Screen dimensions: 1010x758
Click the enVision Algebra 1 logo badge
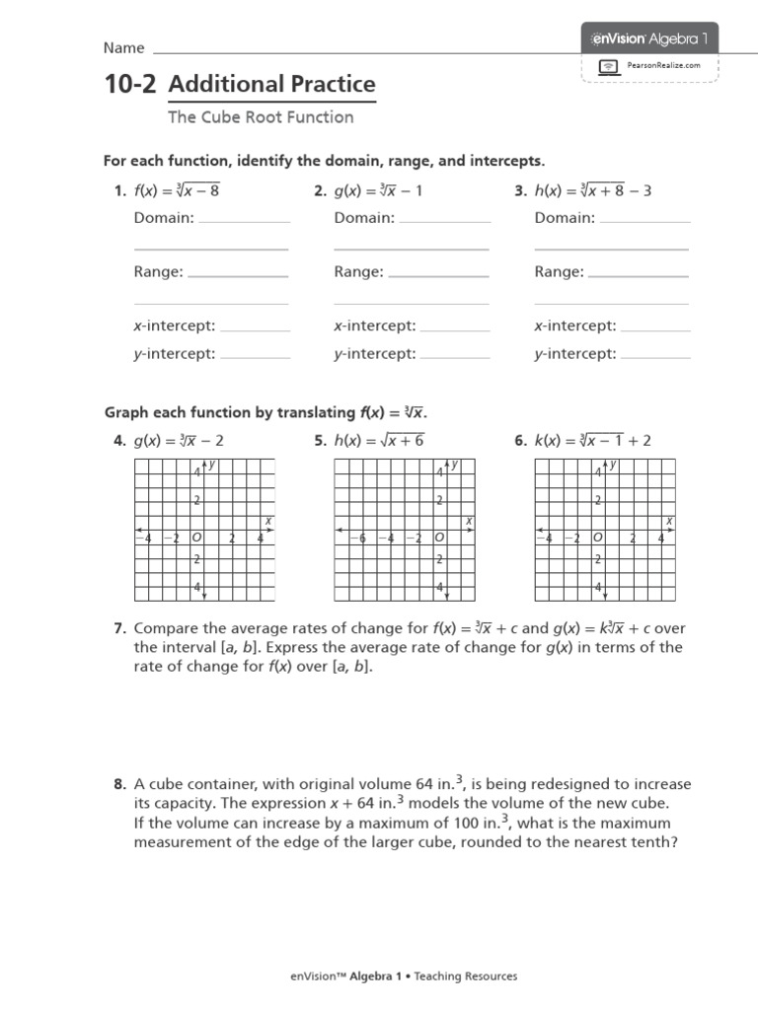click(x=648, y=38)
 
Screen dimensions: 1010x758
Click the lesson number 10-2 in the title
click(x=130, y=85)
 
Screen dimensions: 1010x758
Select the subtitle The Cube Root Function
click(x=261, y=117)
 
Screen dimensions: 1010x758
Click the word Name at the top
click(x=124, y=48)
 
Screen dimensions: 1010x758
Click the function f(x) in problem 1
click(x=177, y=191)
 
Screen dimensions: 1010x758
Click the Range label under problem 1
click(x=159, y=272)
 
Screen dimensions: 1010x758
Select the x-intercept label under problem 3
click(x=575, y=325)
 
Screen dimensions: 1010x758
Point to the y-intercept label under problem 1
click(x=175, y=354)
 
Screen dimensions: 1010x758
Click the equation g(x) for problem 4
click(x=179, y=441)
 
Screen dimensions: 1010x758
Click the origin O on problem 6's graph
click(x=597, y=538)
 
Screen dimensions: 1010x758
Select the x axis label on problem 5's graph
click(x=469, y=520)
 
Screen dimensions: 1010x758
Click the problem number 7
click(x=119, y=628)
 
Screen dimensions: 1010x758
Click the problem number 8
click(x=119, y=785)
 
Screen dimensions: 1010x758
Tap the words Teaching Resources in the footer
click(x=465, y=976)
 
